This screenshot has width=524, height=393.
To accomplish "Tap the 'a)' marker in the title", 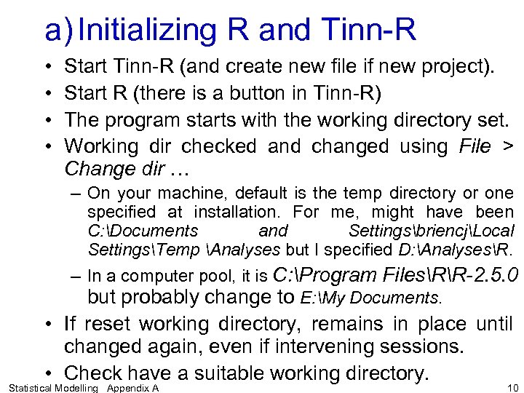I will tap(58, 31).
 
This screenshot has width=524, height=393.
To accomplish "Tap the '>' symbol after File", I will tap(508, 146).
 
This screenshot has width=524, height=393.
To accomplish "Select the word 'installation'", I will tap(239, 213).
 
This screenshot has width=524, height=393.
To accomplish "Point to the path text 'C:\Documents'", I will tap(143, 231).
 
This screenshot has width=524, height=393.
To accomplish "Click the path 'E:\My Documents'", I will tap(370, 298).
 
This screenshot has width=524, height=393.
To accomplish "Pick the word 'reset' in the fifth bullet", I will tap(115, 323).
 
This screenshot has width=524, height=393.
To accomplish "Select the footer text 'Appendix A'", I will tap(132, 388).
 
